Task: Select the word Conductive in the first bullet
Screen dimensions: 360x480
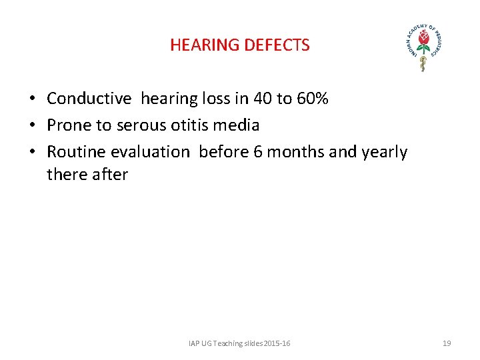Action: [89, 99]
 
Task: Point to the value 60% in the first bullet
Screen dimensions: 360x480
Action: [312, 99]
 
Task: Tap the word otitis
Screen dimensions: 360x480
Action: [189, 125]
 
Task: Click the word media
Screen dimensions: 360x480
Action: [237, 125]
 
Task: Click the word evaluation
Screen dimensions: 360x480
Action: [150, 152]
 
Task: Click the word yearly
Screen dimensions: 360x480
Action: [385, 152]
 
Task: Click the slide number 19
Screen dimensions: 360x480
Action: [447, 343]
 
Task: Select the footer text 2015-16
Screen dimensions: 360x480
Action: [277, 343]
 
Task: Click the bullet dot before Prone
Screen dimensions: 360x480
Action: [32, 126]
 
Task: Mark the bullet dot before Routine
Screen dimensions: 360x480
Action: [32, 153]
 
